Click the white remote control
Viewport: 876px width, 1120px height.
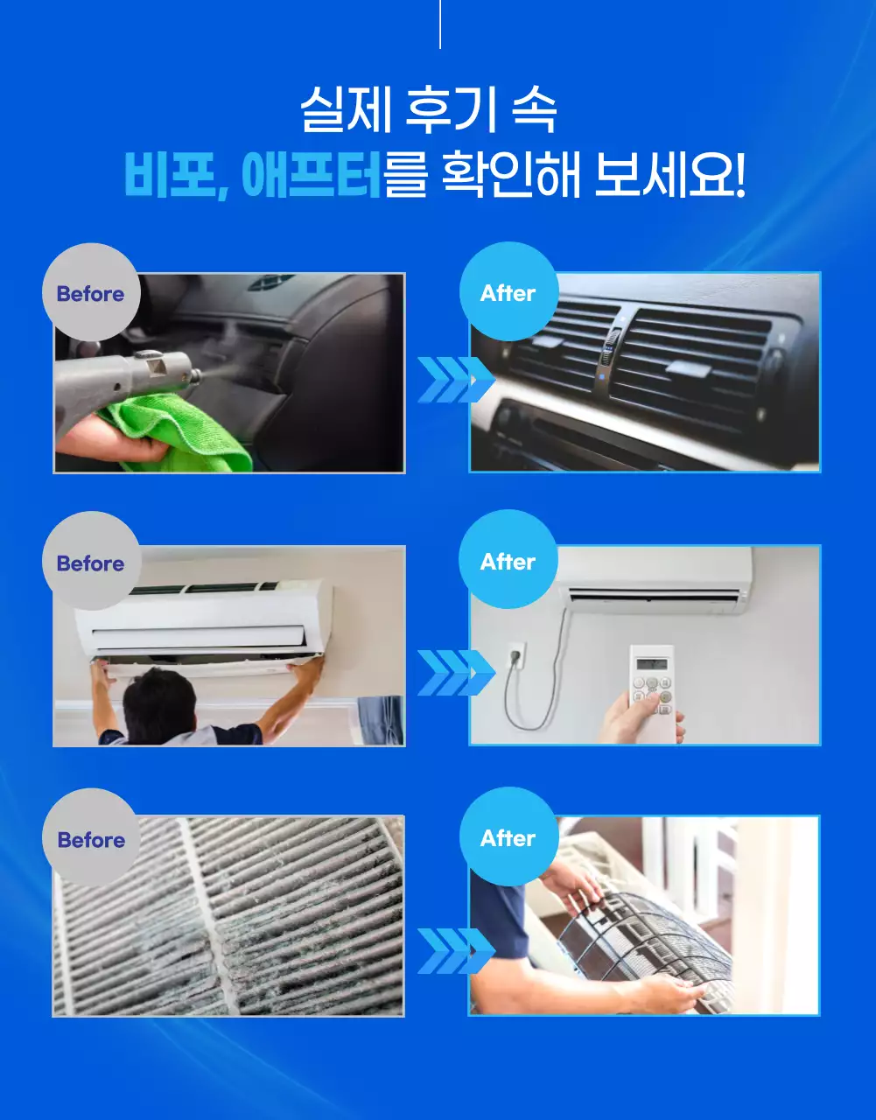tap(654, 691)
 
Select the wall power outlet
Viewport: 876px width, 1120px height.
tap(515, 655)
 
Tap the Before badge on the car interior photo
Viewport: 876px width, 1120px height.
tap(90, 294)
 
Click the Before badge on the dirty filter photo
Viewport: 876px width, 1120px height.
tap(91, 840)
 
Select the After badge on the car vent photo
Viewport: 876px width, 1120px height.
tap(508, 293)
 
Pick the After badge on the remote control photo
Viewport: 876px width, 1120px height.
tap(508, 562)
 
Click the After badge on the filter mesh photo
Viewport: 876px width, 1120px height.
tap(508, 838)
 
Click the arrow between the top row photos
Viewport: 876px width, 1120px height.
tap(454, 379)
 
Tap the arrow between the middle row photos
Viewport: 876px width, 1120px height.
tap(454, 672)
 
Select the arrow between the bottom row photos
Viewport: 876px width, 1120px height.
tap(454, 950)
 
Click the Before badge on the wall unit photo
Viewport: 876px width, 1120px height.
tap(90, 563)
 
